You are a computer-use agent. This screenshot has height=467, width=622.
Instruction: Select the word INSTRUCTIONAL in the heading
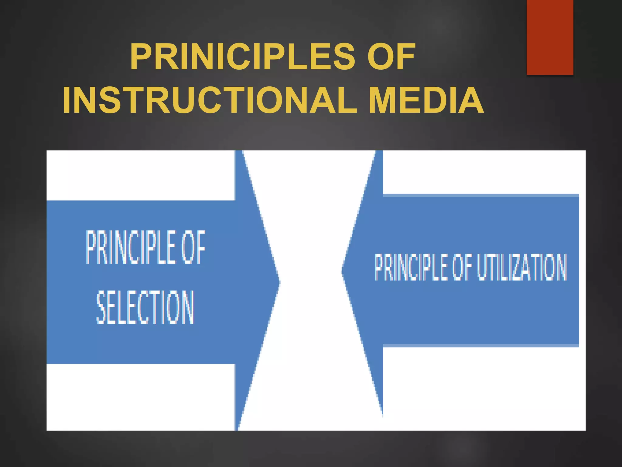(x=210, y=100)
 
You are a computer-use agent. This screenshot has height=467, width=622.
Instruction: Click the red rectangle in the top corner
(x=550, y=37)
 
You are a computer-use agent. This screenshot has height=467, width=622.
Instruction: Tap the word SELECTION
(x=145, y=307)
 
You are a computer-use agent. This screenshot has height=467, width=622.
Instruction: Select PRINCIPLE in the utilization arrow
(x=411, y=267)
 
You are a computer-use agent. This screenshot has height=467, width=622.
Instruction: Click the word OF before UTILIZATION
(x=462, y=267)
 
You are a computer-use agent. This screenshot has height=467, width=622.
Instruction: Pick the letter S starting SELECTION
(x=101, y=307)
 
